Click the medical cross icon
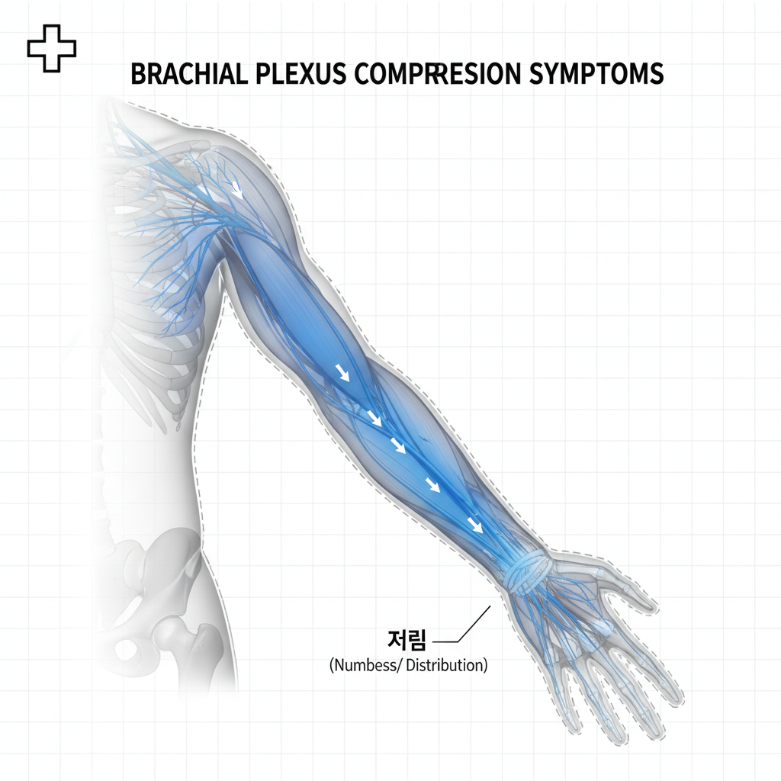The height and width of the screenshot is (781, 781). pyautogui.click(x=52, y=48)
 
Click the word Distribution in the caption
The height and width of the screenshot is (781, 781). pyautogui.click(x=445, y=665)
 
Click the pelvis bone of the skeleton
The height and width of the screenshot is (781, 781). pyautogui.click(x=153, y=564)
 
